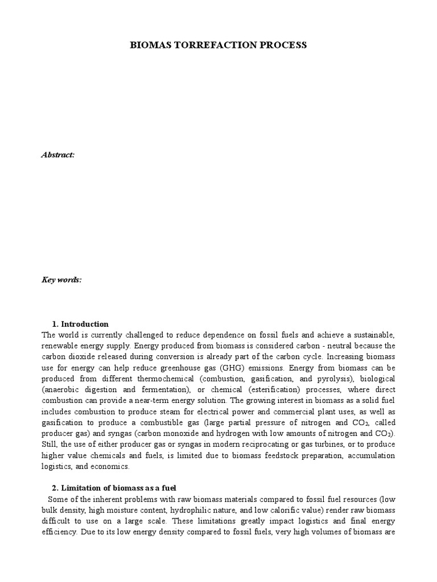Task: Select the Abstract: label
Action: (x=58, y=155)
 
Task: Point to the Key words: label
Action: (x=61, y=280)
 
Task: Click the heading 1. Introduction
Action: (x=84, y=325)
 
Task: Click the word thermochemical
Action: (x=175, y=379)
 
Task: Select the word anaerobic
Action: (x=64, y=389)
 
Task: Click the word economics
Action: (x=113, y=467)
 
